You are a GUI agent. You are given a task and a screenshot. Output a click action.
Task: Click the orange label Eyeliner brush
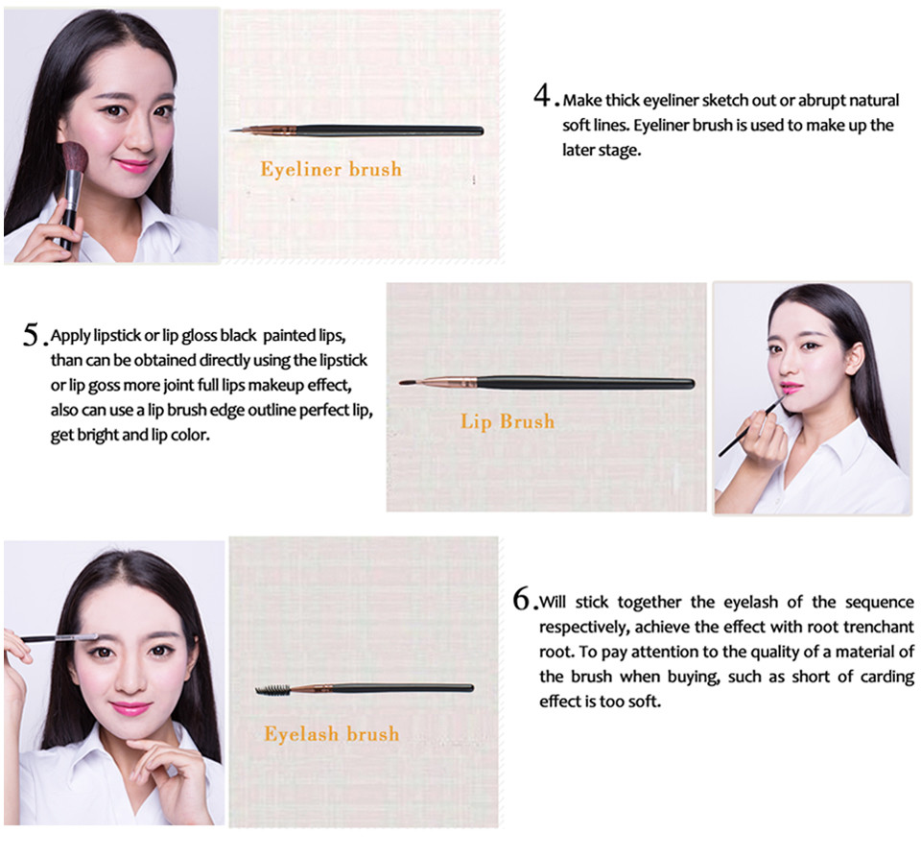[x=331, y=169]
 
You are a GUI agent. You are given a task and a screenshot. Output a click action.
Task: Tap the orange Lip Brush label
[x=508, y=421]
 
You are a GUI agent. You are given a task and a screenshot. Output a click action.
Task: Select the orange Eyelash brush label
[x=331, y=733]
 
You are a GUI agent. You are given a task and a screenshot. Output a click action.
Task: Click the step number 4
[x=542, y=95]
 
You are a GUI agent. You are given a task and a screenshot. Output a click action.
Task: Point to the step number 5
[x=31, y=334]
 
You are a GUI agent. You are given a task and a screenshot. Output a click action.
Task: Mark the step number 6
[x=521, y=599]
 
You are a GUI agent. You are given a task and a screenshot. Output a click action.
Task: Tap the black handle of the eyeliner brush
[x=390, y=131]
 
